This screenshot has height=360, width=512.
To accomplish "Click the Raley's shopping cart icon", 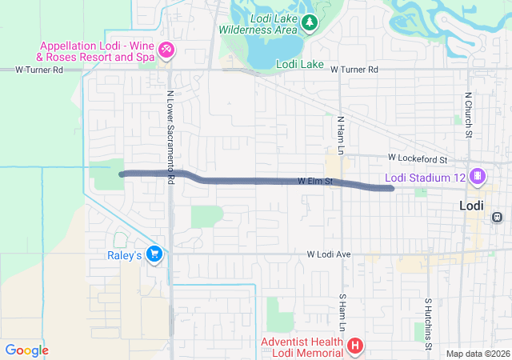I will [x=154, y=254].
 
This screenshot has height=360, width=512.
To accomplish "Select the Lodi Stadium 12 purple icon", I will [x=478, y=176].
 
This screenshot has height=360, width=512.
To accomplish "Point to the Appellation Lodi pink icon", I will [x=166, y=51].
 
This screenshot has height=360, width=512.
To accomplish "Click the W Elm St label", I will [x=314, y=182].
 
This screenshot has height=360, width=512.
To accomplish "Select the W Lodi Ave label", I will [x=329, y=254].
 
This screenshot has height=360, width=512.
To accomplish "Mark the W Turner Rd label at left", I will [x=39, y=70].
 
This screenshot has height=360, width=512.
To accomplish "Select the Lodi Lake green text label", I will [x=298, y=64].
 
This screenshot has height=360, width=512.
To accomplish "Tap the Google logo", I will [x=27, y=350].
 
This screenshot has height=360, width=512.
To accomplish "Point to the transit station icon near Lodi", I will [x=497, y=217].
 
